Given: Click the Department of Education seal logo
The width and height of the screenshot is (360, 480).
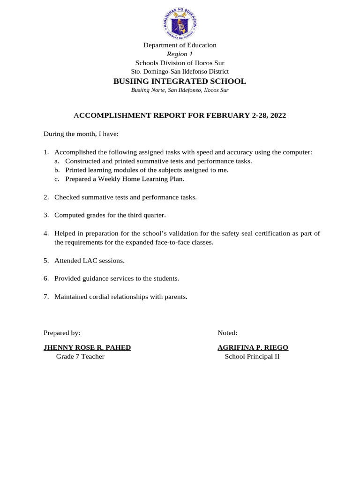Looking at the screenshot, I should click(180, 23).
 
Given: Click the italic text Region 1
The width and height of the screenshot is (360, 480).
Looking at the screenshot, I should click(180, 54).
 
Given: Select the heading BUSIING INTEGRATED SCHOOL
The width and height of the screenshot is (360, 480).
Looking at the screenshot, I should click(180, 81).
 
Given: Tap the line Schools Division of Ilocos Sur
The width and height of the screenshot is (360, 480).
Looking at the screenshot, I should click(180, 63).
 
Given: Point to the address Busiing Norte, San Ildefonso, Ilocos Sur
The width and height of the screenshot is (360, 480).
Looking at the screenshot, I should click(180, 90).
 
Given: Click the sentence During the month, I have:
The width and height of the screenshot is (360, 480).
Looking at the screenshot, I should click(81, 134).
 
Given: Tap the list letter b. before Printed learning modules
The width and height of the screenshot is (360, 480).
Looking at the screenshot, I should click(57, 170).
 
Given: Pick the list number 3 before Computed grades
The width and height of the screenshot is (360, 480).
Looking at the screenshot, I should click(46, 215).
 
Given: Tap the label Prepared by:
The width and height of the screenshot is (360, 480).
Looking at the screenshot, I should click(62, 333).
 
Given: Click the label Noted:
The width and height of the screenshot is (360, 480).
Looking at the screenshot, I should click(227, 333).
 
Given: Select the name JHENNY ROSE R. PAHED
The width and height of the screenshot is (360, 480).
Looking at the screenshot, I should click(87, 347).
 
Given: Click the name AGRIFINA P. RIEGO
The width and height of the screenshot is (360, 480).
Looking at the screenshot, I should click(253, 347).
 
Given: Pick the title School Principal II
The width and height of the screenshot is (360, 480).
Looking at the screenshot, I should click(252, 357).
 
